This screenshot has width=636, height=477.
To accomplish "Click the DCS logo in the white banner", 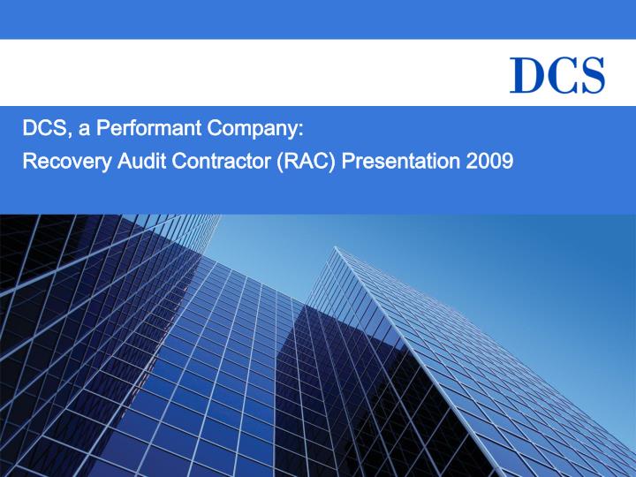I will pyautogui.click(x=557, y=74).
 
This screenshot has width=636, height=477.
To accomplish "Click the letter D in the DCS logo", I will pyautogui.click(x=527, y=74).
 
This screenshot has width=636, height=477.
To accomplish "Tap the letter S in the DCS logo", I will pyautogui.click(x=590, y=74).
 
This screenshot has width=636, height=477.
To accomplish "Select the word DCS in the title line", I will pyautogui.click(x=41, y=131).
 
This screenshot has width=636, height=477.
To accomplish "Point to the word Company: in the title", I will pyautogui.click(x=255, y=131).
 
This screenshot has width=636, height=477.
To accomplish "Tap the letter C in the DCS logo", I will pyautogui.click(x=558, y=74).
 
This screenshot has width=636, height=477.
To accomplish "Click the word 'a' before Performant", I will pyautogui.click(x=84, y=132).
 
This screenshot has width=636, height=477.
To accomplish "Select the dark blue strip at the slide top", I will pyautogui.click(x=318, y=19).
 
